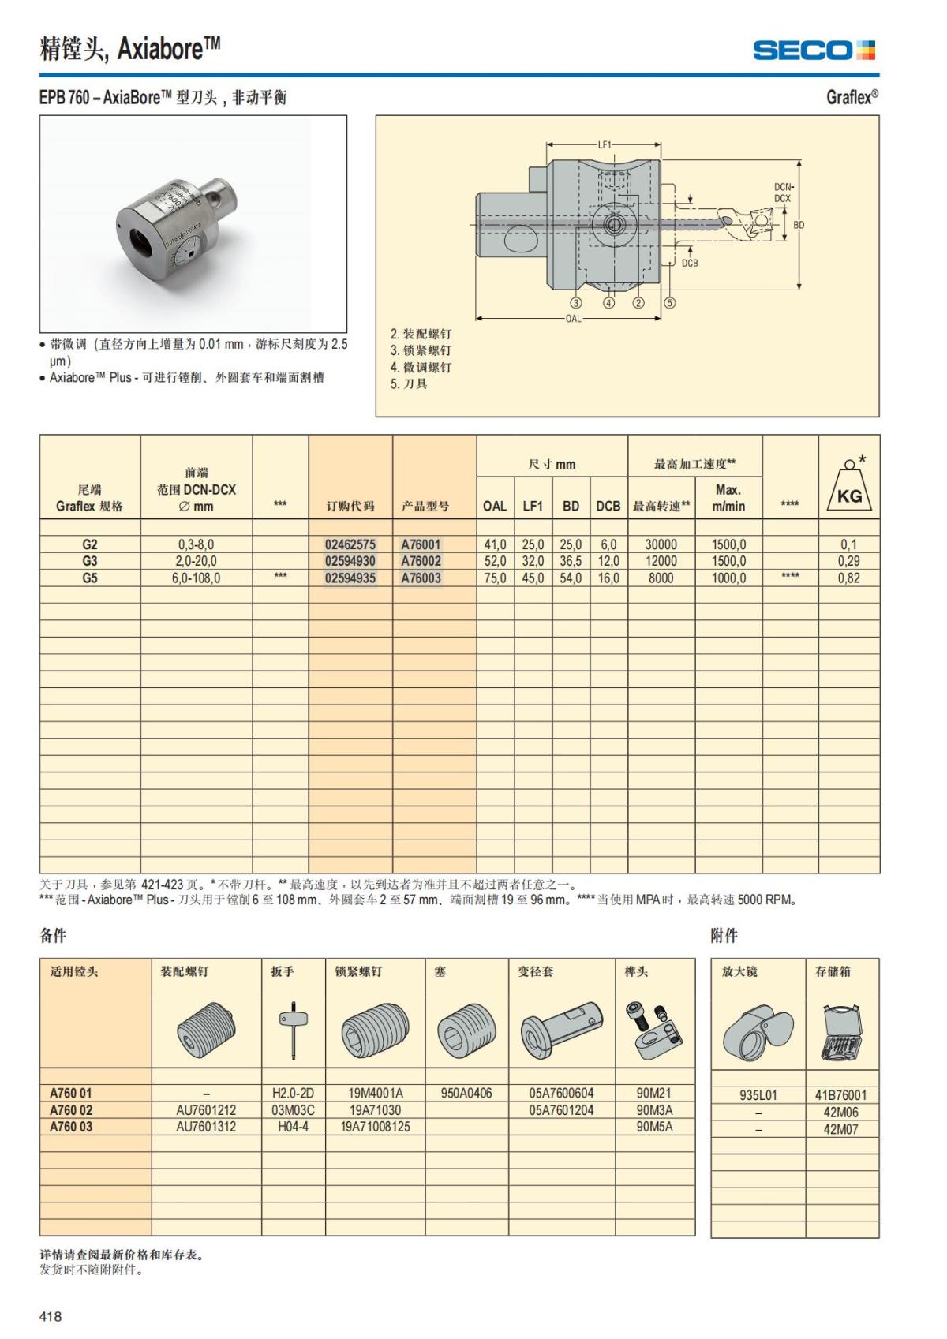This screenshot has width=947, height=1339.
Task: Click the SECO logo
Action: [x=813, y=50]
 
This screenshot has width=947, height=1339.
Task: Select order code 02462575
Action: [x=350, y=544]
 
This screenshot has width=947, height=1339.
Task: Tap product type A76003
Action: [x=421, y=578]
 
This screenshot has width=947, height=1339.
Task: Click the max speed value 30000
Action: [x=661, y=544]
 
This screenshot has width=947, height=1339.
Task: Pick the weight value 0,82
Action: [x=848, y=578]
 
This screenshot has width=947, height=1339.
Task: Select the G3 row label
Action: [x=90, y=561]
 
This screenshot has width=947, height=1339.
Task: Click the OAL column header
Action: [x=495, y=507]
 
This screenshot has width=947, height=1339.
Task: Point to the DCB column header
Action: [x=608, y=507]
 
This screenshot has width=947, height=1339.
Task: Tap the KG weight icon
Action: [x=849, y=488]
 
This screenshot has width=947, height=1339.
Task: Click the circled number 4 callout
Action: [x=608, y=303]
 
